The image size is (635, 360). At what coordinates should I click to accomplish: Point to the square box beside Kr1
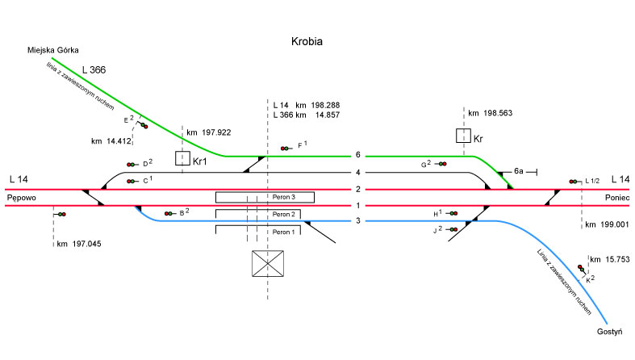click(x=183, y=157)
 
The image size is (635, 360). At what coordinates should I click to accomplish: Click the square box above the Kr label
click(x=464, y=136)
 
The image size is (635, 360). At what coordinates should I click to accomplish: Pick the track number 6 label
click(x=357, y=155)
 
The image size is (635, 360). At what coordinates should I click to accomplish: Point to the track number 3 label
click(x=357, y=221)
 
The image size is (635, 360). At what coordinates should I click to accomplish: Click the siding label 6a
click(x=520, y=171)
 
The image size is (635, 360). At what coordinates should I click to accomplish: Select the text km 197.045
click(x=79, y=243)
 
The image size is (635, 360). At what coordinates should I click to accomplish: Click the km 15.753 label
click(x=610, y=259)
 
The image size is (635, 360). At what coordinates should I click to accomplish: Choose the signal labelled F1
click(x=285, y=148)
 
